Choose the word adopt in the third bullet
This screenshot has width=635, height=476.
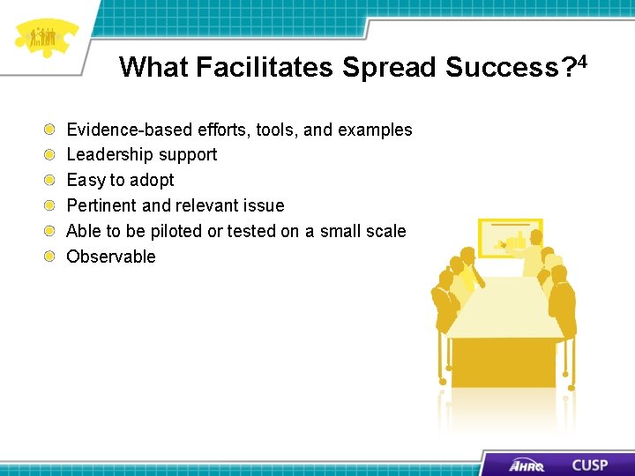[153, 181]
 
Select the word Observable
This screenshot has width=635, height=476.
[111, 257]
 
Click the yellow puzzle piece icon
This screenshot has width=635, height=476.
[44, 39]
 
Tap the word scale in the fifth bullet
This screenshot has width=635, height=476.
[386, 231]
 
